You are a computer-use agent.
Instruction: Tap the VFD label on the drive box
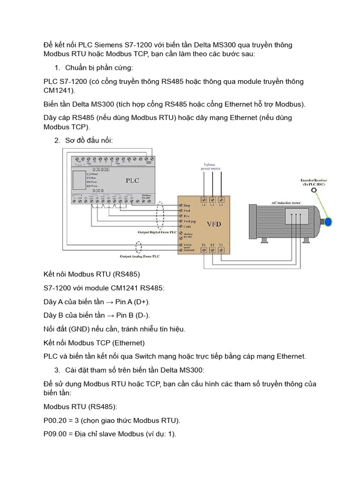coord(214,224)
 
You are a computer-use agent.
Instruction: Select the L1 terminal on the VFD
coord(203,200)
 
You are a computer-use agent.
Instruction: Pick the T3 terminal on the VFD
coord(221,250)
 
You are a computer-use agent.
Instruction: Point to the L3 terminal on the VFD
coord(221,200)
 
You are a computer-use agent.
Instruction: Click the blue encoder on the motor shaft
coord(329,221)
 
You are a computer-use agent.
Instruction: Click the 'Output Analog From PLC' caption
coord(139,256)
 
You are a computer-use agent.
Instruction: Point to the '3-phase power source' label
coord(212,167)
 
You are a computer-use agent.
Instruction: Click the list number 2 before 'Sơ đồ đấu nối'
coord(57,140)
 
